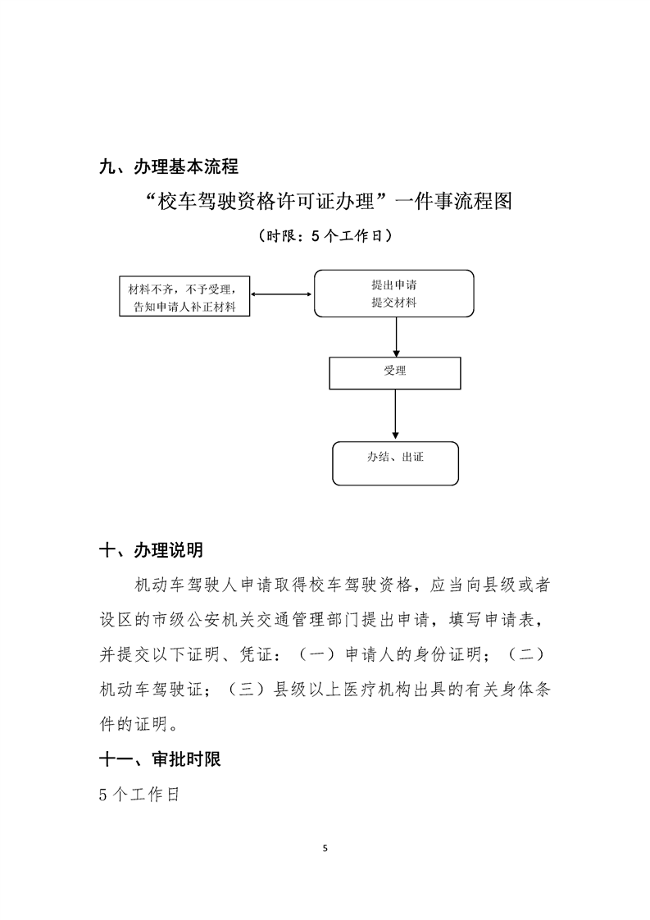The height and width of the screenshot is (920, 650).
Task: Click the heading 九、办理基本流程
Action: pos(168,166)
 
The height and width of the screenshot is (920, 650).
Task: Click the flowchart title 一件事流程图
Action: pos(325,201)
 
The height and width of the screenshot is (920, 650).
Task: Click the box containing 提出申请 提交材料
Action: pos(393,293)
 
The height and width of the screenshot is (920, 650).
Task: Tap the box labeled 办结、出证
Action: pos(395,463)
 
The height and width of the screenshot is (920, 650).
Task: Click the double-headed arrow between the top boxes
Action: pos(282,294)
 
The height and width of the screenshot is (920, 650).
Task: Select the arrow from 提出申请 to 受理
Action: pos(396,336)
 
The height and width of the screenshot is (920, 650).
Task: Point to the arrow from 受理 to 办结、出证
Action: pos(396,415)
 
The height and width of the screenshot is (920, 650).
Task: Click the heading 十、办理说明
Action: pos(151,549)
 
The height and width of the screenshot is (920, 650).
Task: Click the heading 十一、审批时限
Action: pos(159,759)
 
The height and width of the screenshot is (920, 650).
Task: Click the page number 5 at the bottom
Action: pos(325,848)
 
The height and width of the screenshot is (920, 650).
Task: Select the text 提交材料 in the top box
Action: pos(393,303)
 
